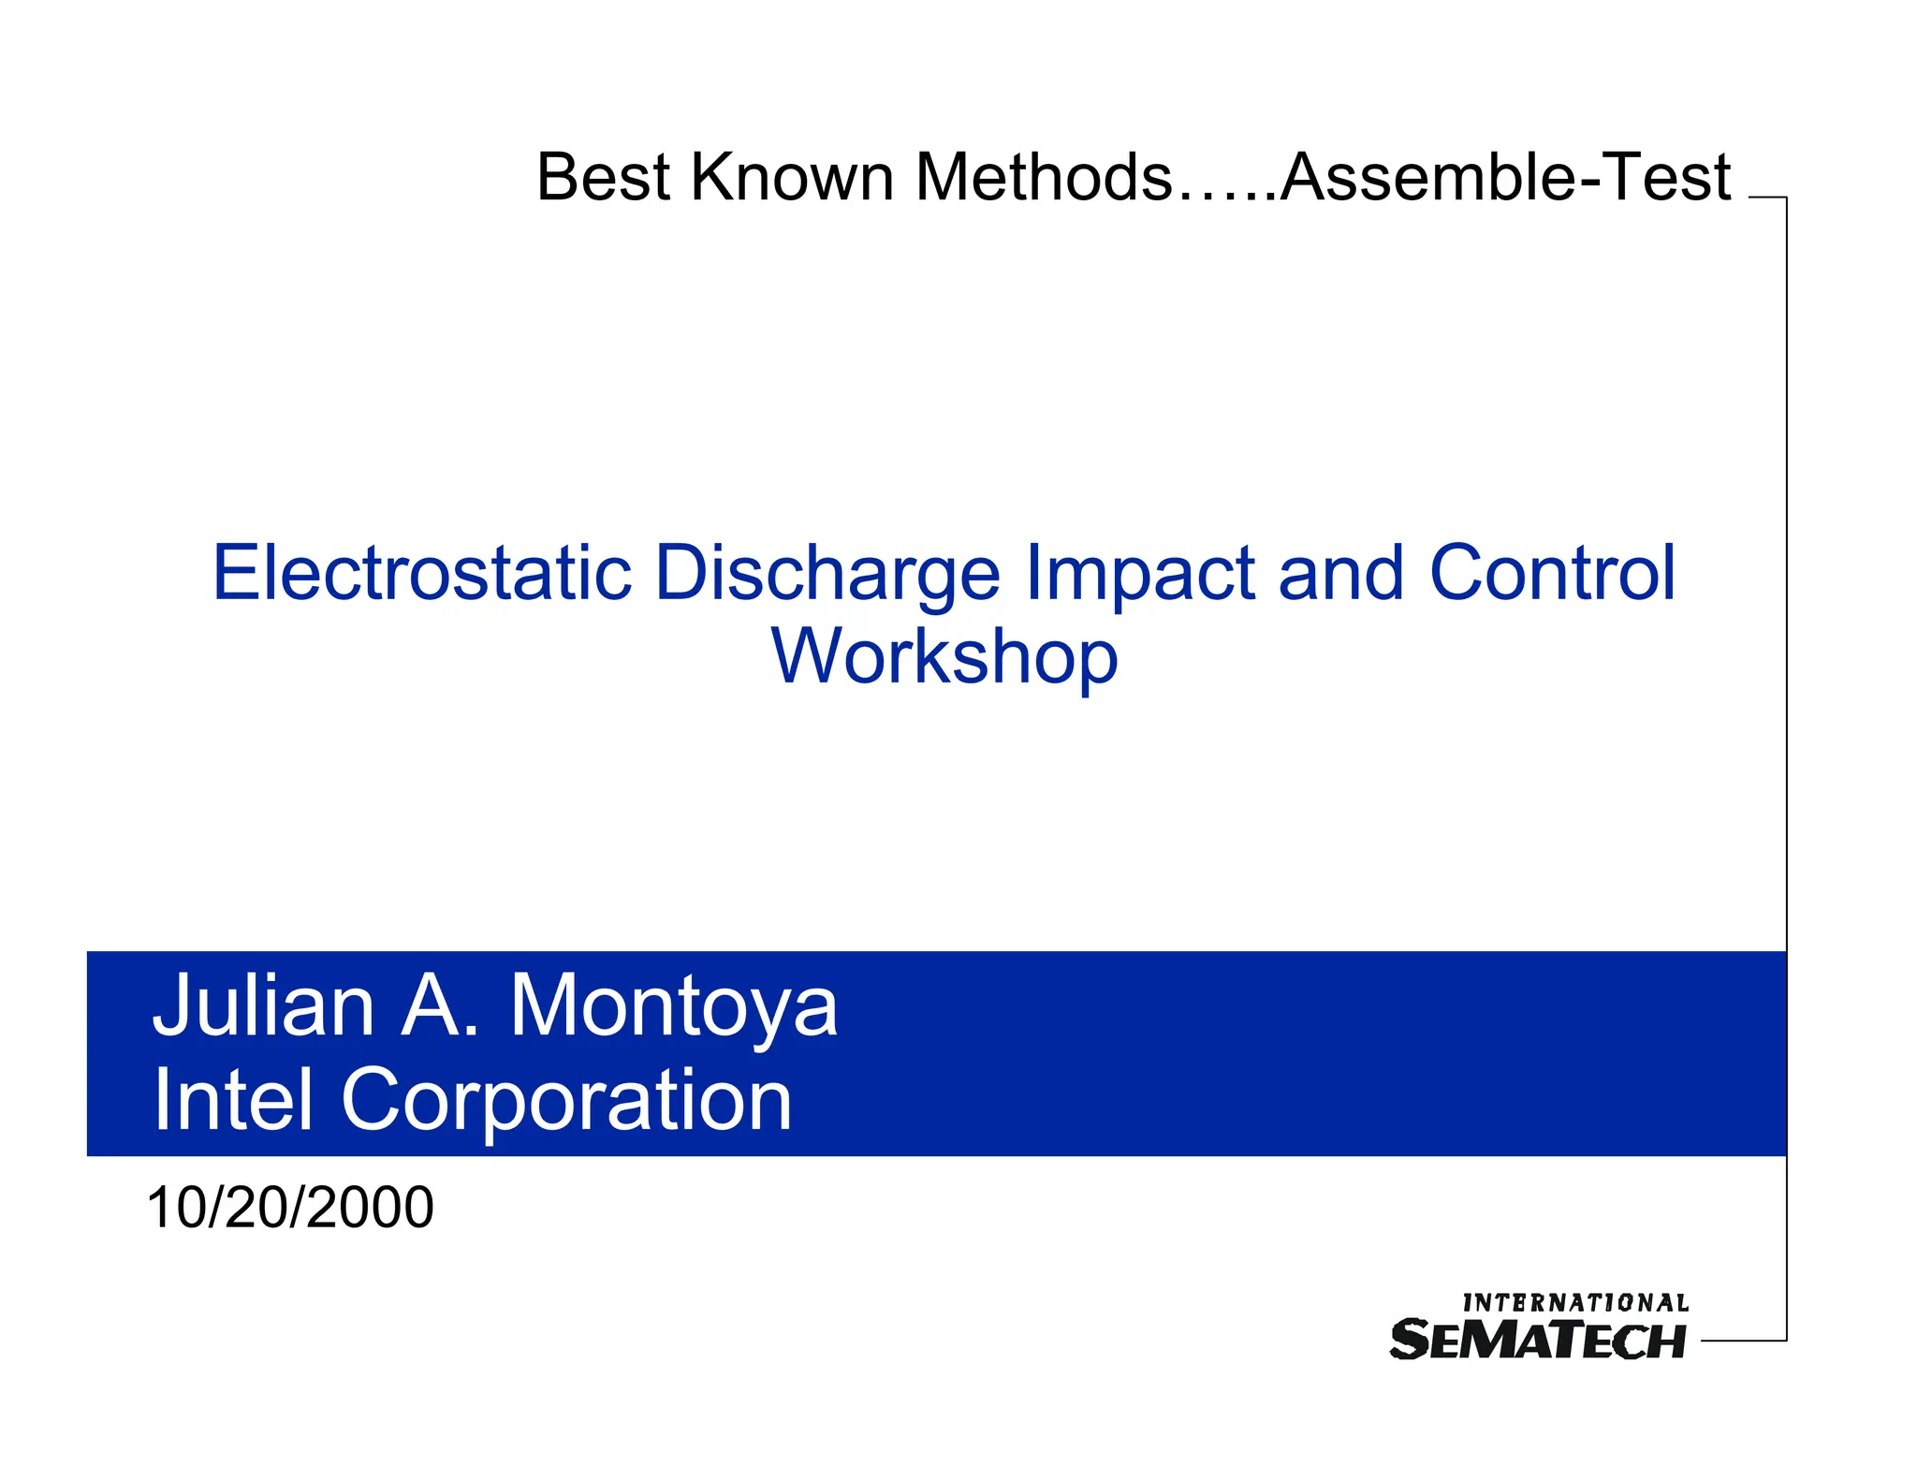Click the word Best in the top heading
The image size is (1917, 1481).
[604, 177]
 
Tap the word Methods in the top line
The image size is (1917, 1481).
[1043, 177]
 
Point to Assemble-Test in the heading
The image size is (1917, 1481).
[1505, 177]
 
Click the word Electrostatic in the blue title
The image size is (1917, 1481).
[422, 573]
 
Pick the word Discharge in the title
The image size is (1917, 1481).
[827, 575]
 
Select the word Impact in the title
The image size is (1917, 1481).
[1139, 575]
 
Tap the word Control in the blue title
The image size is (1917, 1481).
[1552, 573]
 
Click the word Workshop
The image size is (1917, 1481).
[944, 657]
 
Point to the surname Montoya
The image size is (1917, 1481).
[674, 1008]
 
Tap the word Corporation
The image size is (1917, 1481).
[566, 1102]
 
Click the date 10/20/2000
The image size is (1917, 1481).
[290, 1208]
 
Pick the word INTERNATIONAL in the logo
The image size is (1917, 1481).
[1575, 1303]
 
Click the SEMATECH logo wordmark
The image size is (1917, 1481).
[1538, 1340]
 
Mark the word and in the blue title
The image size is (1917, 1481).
[1340, 573]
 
